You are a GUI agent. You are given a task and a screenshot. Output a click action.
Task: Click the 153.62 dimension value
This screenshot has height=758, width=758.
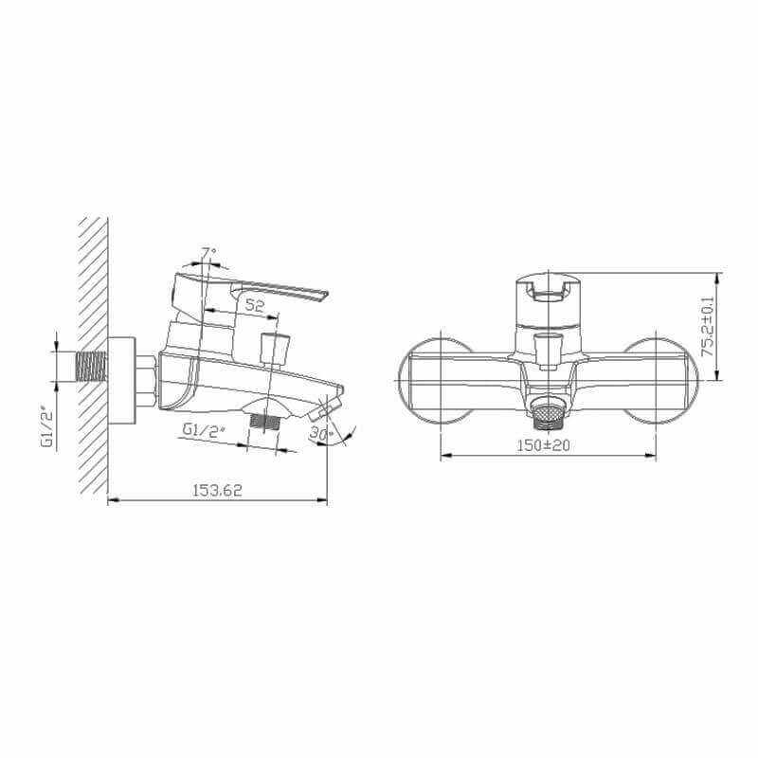click(217, 490)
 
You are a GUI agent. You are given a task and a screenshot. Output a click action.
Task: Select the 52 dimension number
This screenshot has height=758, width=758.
click(255, 305)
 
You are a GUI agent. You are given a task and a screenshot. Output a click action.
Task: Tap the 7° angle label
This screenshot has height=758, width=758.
click(208, 253)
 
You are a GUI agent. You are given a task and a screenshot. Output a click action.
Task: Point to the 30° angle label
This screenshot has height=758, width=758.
click(321, 434)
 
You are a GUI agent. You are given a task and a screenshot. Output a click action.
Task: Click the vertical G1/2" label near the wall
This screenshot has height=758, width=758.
click(48, 429)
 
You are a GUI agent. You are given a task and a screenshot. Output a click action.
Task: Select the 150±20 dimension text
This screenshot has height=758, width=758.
click(543, 445)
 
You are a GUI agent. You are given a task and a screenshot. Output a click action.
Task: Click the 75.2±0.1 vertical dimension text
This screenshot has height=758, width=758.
click(707, 326)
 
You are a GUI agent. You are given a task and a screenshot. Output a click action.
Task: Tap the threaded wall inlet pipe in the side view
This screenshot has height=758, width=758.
click(91, 366)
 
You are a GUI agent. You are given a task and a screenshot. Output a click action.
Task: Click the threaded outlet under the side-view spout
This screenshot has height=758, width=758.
click(265, 422)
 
